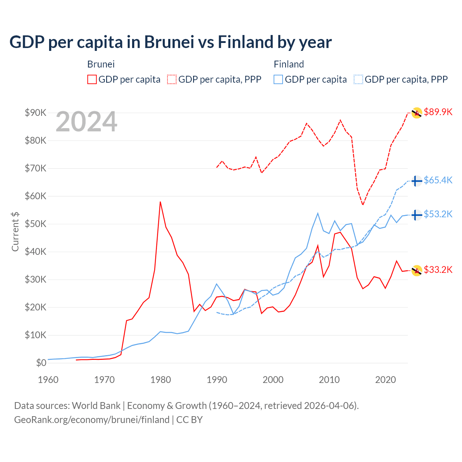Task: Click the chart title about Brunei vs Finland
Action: coord(170,42)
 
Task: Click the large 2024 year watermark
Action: coord(86,122)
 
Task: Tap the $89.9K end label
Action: coord(438,112)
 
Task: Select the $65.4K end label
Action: coord(438,180)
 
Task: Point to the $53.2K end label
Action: coord(438,214)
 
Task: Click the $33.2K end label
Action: coord(438,270)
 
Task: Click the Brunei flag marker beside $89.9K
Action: coord(417,113)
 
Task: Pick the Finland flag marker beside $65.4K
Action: coord(417,181)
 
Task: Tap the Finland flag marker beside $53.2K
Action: coord(417,215)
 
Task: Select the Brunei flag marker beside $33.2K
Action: coord(417,270)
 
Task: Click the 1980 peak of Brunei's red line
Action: coord(160,202)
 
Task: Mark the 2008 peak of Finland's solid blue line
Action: coord(318,213)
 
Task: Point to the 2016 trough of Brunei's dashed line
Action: coord(363,205)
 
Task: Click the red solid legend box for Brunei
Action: coord(92,79)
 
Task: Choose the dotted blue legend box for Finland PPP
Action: coord(358,79)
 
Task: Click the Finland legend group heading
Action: coord(289,64)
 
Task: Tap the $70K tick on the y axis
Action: coord(35,168)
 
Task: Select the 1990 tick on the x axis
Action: coord(217,380)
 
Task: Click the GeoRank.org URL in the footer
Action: coord(92,420)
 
